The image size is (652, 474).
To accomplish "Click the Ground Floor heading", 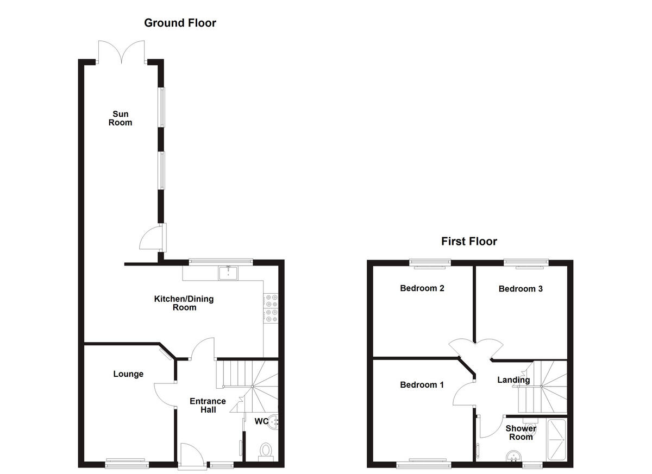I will tap(180, 23).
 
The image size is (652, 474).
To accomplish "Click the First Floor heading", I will tap(468, 241).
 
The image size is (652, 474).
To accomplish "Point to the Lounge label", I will tap(128, 374).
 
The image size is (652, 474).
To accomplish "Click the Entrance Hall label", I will tap(208, 406).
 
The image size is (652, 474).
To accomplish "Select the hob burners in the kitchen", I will tap(271, 309).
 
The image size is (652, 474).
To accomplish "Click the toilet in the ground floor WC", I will tap(266, 451).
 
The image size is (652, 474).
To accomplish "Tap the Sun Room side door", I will tap(152, 238).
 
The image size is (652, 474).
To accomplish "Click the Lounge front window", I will tap(126, 464).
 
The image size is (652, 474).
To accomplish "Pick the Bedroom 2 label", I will tap(422, 288).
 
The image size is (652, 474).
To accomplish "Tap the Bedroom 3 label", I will tap(521, 289).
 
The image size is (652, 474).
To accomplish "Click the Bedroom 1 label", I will tap(422, 385).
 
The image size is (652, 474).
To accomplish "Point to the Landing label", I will tap(513, 380).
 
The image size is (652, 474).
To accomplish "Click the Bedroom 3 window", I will tap(526, 263).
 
